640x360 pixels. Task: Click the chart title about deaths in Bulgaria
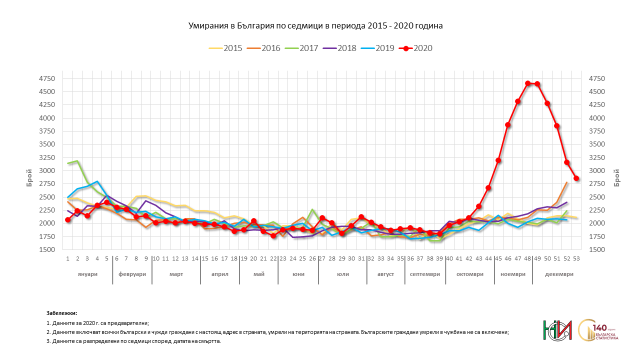pos(315,25)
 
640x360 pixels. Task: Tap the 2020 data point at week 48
pos(527,83)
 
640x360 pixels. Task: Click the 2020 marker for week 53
pos(576,178)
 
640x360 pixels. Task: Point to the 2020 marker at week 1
pos(68,219)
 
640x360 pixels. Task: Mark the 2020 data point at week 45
pos(498,160)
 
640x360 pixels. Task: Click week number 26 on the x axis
pos(312,258)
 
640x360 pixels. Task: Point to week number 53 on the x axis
pos(576,258)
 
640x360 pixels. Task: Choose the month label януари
pos(87,274)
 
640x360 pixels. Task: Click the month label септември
pos(424,274)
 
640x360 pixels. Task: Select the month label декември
pos(559,274)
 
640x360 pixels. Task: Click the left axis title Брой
pos(29,178)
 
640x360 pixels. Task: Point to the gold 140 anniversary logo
pos(598,330)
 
